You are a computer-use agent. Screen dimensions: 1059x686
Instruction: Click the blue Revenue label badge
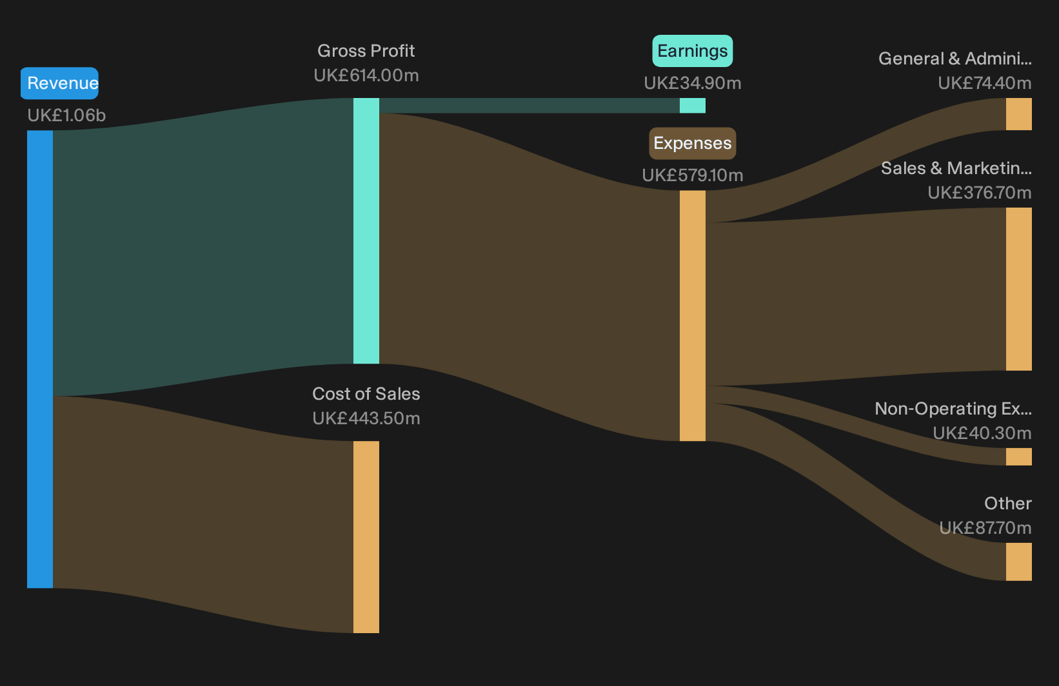tap(59, 83)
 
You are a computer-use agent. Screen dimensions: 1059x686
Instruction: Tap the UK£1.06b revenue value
tap(66, 115)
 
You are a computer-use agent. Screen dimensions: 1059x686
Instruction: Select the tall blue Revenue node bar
tap(40, 359)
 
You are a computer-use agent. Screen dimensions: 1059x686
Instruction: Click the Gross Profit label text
tap(366, 51)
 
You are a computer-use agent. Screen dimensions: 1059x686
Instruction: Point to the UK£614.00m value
tap(366, 75)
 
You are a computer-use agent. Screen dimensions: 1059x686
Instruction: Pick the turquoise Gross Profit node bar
tap(366, 231)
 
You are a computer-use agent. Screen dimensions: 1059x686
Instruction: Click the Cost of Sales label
tap(366, 394)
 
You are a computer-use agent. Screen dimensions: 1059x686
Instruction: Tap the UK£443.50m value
tap(366, 418)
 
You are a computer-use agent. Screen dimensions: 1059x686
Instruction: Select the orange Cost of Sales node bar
tap(366, 537)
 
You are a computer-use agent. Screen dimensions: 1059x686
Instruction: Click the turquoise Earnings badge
tap(693, 51)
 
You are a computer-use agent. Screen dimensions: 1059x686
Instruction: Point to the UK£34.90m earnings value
tap(693, 83)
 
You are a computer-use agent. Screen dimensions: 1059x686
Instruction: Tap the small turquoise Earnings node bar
tap(693, 106)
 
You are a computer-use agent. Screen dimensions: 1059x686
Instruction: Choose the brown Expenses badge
tap(693, 143)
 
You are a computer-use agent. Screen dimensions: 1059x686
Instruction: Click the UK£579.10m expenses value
tap(693, 175)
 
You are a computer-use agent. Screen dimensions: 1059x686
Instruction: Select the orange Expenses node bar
tap(693, 316)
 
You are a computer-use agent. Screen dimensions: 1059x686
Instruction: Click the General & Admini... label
tap(955, 59)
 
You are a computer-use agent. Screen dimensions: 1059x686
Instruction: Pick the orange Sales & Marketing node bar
tap(1019, 289)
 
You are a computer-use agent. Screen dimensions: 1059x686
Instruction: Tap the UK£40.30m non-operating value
tap(982, 433)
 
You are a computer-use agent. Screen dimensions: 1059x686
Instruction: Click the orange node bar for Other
tap(1019, 562)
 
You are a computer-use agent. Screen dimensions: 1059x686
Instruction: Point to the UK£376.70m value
tap(980, 193)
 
